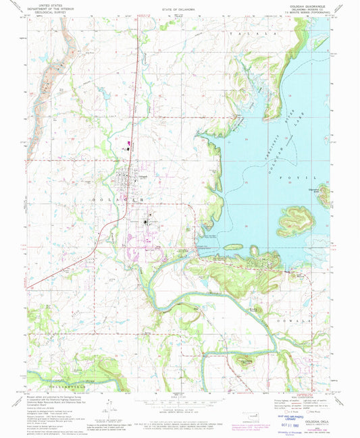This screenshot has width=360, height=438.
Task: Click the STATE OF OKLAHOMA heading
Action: click(179, 10)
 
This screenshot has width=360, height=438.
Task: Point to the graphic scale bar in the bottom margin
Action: click(179, 401)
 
